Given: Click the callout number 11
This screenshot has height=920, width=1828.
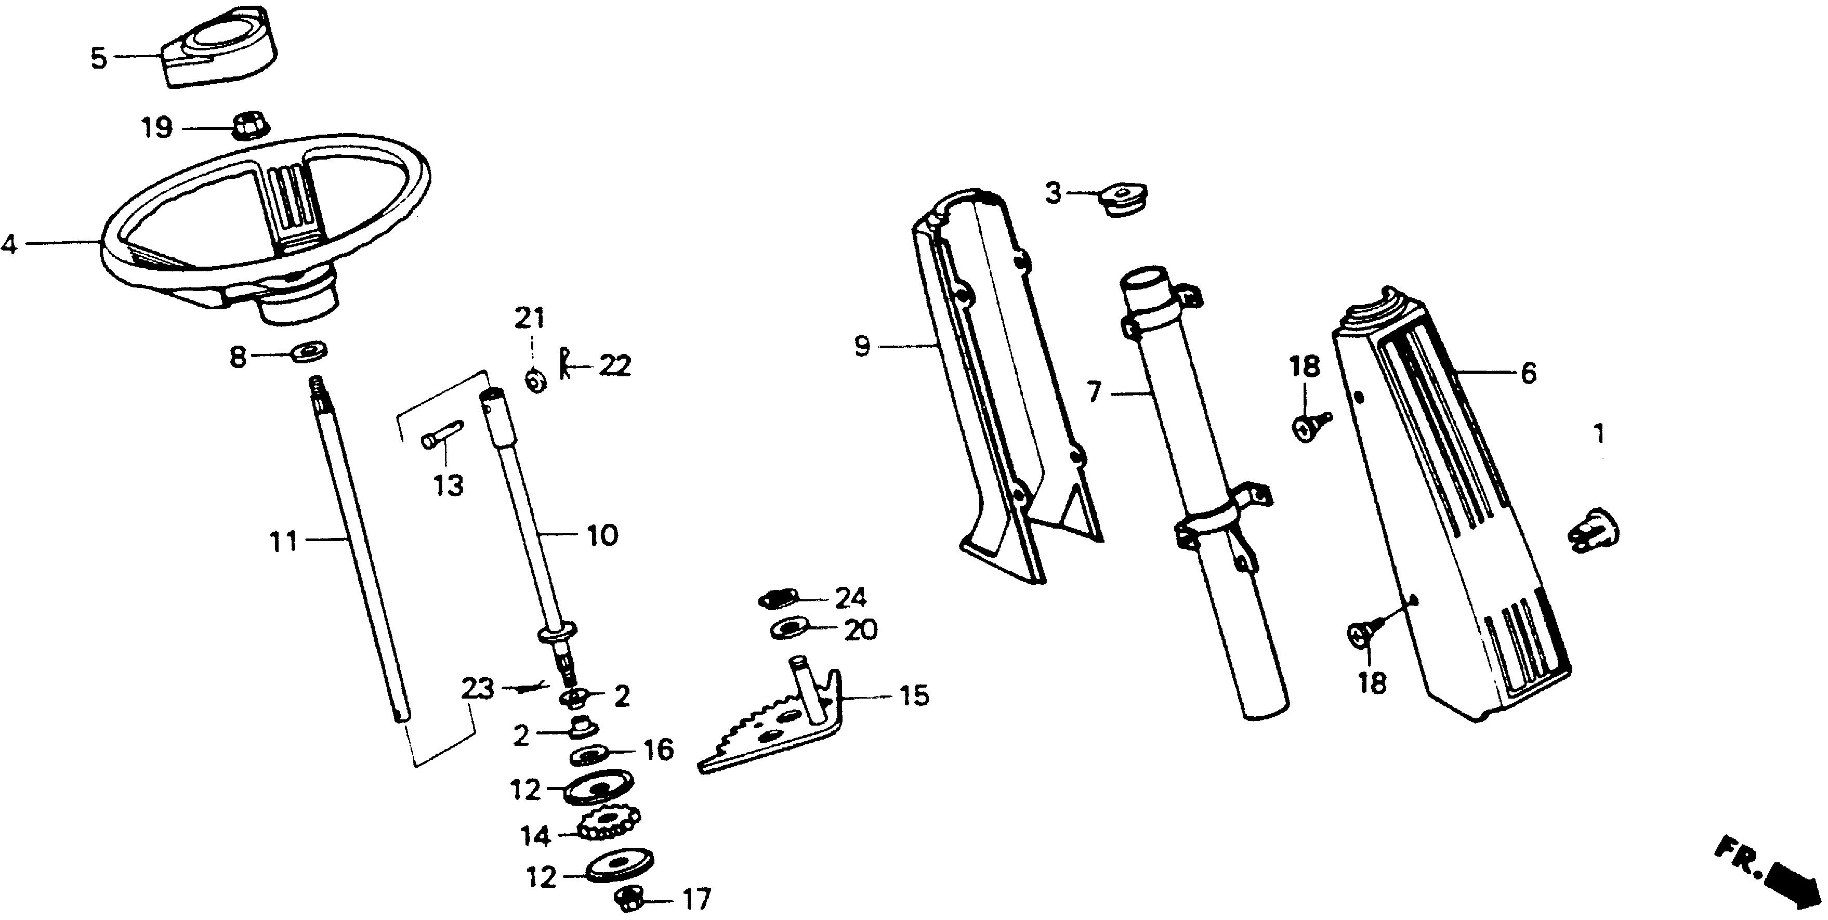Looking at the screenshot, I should pos(283,542).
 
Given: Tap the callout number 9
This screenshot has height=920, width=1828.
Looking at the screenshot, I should pos(861,346).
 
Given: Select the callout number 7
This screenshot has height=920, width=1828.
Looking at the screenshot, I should pos(1094,392).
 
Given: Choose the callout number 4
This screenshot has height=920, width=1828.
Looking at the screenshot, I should pos(8,245).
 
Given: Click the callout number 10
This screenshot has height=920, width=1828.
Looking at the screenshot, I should pos(602,535).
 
